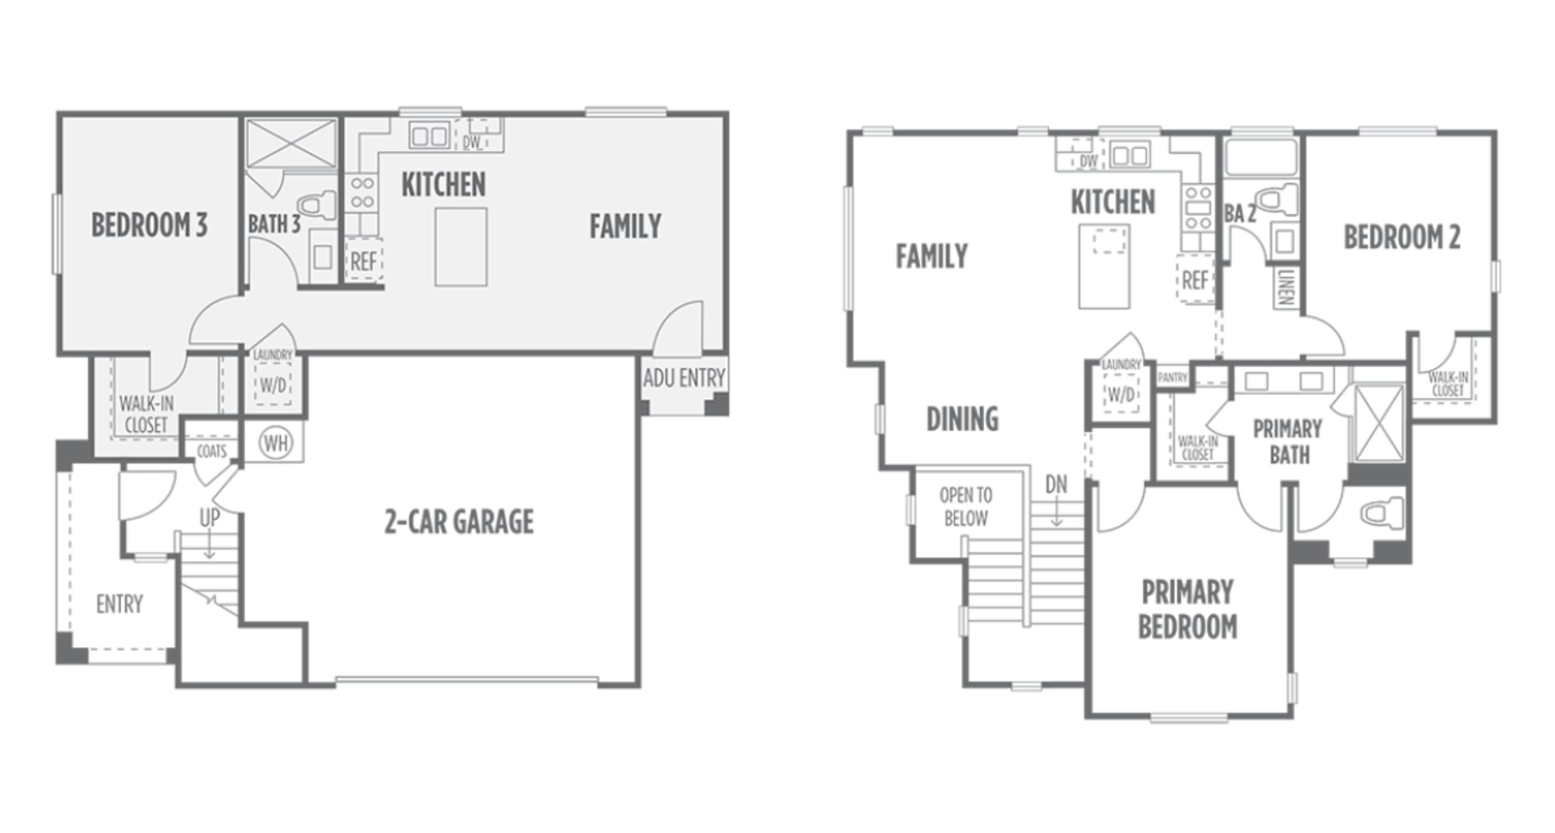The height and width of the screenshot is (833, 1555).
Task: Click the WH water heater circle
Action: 275,443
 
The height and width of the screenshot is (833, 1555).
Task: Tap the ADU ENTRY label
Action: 683,377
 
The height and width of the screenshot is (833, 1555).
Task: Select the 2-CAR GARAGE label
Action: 459,522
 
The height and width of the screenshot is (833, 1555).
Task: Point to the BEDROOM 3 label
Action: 149,225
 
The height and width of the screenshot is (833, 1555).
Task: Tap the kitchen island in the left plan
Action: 461,247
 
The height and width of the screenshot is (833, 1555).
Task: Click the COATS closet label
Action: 212,451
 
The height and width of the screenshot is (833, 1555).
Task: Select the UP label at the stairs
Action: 210,518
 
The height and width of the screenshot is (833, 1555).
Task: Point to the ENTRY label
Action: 119,604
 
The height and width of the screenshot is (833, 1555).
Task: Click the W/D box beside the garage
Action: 274,385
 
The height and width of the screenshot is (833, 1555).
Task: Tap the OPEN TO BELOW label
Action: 966,507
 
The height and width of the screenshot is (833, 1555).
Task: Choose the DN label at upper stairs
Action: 1056,484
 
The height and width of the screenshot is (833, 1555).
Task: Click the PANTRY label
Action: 1172,378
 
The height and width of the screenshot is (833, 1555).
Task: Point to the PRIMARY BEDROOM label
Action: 1187,609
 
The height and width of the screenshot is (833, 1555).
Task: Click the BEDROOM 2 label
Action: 1402,237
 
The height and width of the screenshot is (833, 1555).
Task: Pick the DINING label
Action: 962,418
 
